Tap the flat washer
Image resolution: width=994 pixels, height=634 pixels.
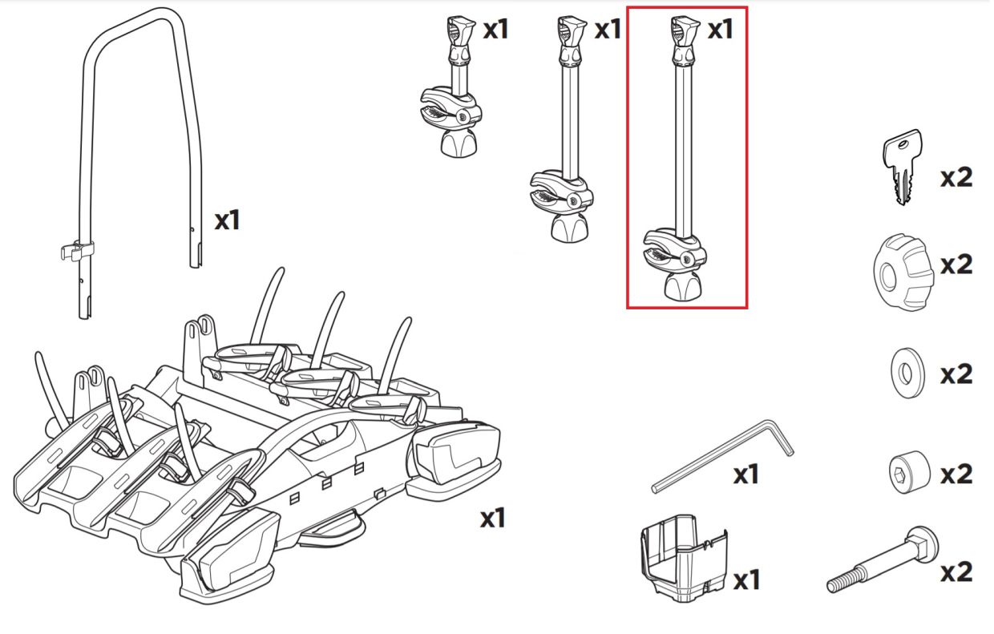[907, 373]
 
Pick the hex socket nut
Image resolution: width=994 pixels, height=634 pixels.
[909, 472]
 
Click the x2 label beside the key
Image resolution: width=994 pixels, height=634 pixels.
[956, 177]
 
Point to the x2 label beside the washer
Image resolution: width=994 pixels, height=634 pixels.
[956, 374]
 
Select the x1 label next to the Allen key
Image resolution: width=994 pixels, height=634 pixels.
[745, 474]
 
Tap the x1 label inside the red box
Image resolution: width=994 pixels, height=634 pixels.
[719, 30]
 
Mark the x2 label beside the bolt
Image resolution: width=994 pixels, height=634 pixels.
[956, 571]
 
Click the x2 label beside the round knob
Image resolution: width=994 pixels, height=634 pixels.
[956, 265]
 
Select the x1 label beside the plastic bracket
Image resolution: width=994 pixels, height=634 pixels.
[745, 579]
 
